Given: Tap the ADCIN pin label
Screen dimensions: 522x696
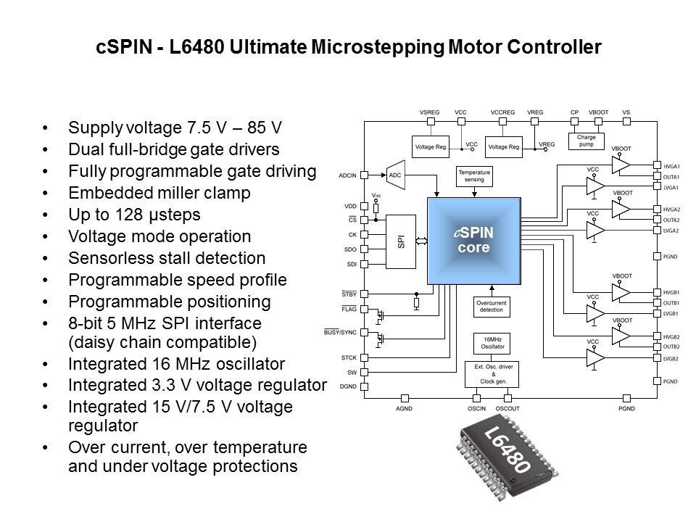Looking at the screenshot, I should [x=347, y=175].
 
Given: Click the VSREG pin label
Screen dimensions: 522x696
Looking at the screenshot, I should [x=430, y=112].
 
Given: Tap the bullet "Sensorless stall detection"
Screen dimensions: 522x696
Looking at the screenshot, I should [x=166, y=258].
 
